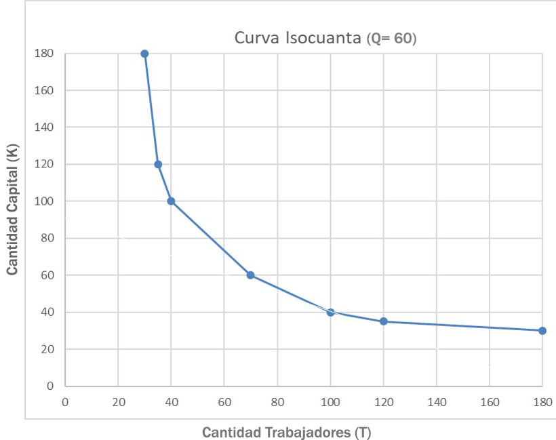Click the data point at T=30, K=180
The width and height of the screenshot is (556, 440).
[x=144, y=54]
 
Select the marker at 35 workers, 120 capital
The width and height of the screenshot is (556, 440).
[x=158, y=164]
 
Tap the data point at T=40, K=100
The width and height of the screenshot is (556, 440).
[x=171, y=201]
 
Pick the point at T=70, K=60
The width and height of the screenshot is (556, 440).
[x=250, y=275]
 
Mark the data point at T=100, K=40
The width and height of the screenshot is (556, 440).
[x=330, y=313]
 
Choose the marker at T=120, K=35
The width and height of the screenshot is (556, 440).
[x=383, y=321]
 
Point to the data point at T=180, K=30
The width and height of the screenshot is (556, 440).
[x=542, y=331]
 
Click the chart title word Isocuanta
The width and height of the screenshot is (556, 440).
[x=328, y=38]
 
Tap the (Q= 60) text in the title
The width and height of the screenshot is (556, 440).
[x=391, y=39]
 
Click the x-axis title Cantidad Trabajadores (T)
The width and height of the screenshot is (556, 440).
[x=287, y=432]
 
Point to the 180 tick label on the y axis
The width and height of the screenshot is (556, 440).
[x=45, y=54]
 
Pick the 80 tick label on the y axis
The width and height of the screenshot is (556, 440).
[x=48, y=239]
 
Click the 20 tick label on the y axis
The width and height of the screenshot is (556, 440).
[x=48, y=350]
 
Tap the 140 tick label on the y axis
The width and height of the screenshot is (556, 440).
[x=45, y=127]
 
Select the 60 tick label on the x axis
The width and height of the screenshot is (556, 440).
[x=224, y=402]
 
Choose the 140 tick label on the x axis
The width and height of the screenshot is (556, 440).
[x=436, y=402]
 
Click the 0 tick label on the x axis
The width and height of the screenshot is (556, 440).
[x=65, y=402]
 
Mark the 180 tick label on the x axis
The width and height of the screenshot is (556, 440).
[x=542, y=402]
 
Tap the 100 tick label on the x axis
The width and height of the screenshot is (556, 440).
[x=330, y=402]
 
